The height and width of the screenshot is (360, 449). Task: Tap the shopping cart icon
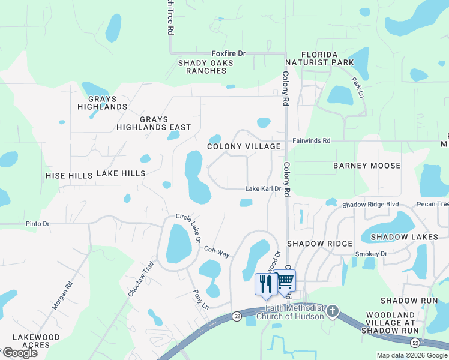(x=285, y=281)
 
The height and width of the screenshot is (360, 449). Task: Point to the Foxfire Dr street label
(x=229, y=53)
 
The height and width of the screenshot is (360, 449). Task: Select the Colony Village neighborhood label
(x=244, y=146)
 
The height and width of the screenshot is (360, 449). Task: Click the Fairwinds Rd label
(x=312, y=140)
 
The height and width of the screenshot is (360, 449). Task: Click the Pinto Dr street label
(x=37, y=224)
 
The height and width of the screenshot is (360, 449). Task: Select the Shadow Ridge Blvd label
(x=370, y=205)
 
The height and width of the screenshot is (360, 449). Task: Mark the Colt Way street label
(x=217, y=251)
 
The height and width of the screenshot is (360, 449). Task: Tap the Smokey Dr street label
(x=372, y=254)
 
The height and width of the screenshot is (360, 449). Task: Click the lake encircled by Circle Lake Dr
(x=178, y=244)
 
